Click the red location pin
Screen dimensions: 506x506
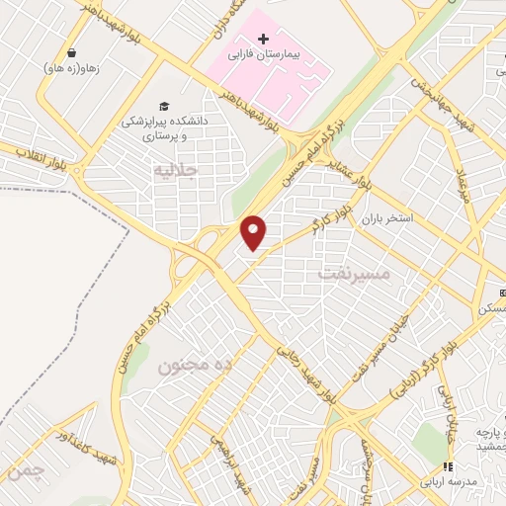click(255, 232)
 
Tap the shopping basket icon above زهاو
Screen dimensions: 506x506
click(72, 52)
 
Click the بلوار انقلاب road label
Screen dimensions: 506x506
click(40, 159)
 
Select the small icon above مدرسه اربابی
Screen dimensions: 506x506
click(447, 466)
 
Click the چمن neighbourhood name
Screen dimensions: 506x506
click(24, 471)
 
